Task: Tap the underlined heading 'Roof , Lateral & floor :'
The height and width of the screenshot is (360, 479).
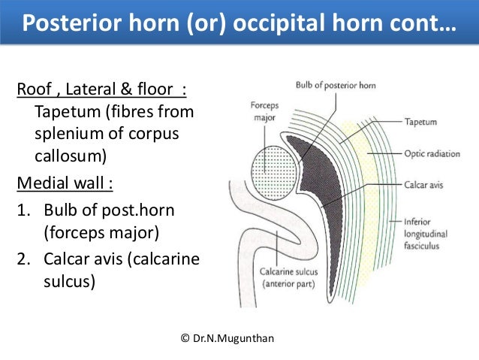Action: tap(101, 92)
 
